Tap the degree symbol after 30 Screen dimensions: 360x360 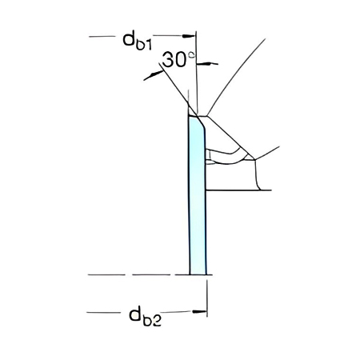190,56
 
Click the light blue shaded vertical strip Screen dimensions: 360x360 197,200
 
